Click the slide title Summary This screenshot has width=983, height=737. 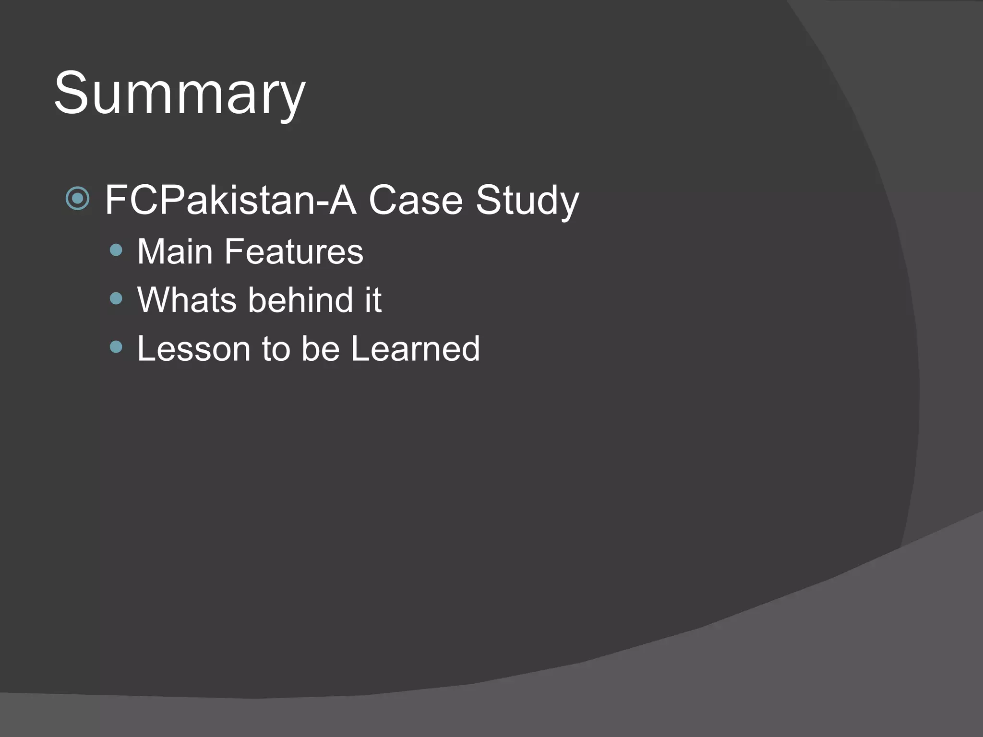click(180, 94)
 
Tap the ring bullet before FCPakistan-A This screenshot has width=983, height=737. click(78, 198)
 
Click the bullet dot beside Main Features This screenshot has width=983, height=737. click(116, 250)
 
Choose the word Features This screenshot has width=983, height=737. click(294, 251)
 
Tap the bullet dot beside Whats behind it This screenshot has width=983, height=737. click(116, 298)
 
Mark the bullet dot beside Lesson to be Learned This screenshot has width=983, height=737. click(116, 346)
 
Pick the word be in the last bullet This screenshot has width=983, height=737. click(320, 349)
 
